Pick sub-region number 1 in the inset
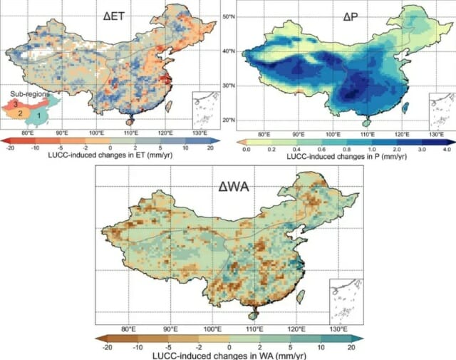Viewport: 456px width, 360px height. point(38,116)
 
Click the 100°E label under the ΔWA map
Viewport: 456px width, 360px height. point(213,329)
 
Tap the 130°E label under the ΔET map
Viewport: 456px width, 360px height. point(199,133)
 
